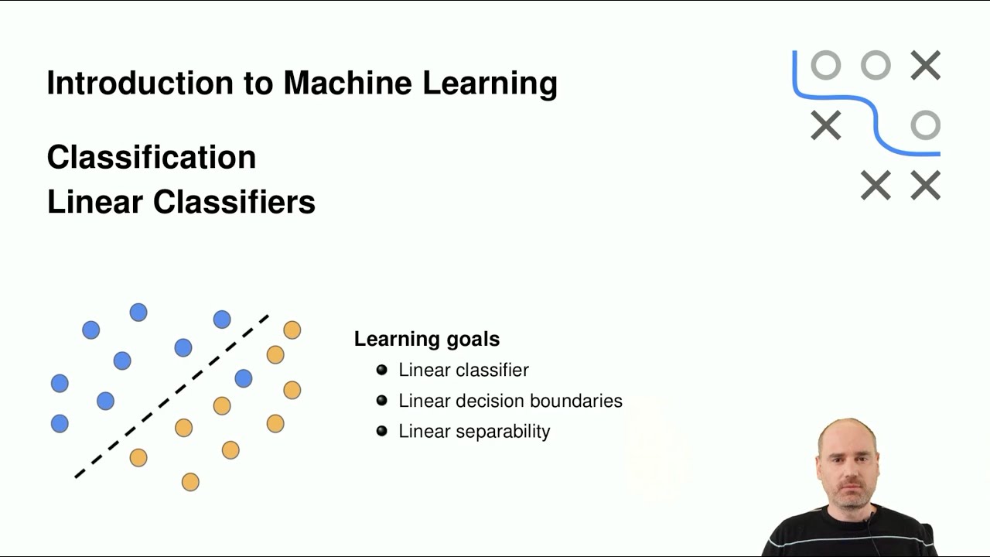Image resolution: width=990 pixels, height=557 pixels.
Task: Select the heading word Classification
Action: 152,157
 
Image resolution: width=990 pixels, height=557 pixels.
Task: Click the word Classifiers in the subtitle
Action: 234,202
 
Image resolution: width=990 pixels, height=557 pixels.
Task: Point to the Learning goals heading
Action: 427,339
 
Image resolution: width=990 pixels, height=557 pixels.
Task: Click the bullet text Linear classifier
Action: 463,370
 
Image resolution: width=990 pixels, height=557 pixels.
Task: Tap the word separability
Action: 502,431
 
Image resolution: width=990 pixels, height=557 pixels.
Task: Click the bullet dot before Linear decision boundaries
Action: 381,401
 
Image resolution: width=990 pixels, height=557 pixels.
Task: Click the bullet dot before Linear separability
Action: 381,431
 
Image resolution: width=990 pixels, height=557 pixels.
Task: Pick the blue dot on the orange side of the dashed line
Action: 243,378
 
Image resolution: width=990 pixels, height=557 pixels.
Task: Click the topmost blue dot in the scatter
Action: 138,313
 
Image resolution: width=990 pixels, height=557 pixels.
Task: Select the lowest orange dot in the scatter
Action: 190,482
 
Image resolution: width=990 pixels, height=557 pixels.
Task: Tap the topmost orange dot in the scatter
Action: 292,330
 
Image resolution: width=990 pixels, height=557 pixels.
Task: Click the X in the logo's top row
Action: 925,66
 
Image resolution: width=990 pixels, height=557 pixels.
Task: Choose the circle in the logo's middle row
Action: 925,125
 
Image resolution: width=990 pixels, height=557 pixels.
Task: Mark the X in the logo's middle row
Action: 825,125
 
